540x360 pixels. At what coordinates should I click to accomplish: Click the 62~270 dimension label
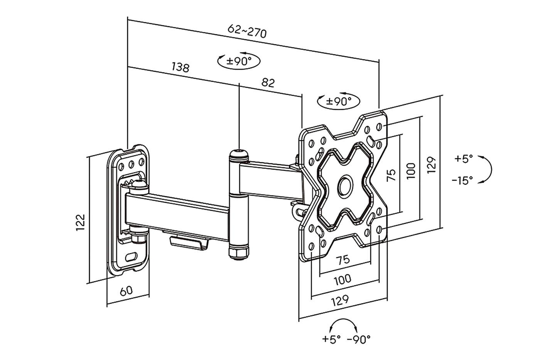coord(247,31)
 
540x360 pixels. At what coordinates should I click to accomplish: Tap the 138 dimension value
coord(181,67)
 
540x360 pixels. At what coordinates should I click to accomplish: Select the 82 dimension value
coord(268,83)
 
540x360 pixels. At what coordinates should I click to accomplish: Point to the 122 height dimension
coord(81,222)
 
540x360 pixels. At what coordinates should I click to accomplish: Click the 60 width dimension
coord(127,291)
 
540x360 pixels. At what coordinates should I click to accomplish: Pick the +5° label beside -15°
coord(464,159)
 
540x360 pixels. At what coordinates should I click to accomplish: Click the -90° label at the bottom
coord(359,339)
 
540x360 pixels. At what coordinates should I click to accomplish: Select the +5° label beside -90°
coord(332,339)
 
